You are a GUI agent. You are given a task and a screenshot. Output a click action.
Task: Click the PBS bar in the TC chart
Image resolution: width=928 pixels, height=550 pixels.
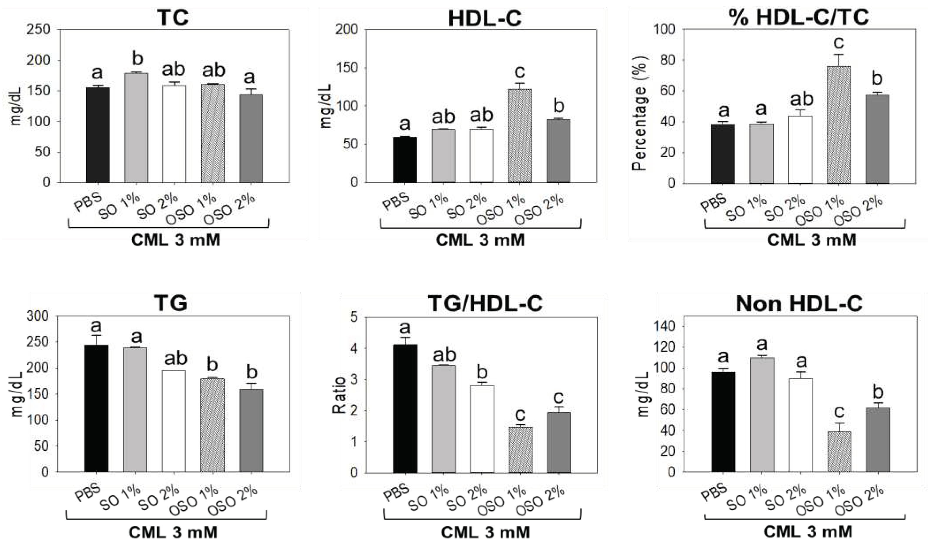[x=98, y=135]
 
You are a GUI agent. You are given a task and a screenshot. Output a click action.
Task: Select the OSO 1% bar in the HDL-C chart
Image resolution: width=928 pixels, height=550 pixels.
[x=519, y=136]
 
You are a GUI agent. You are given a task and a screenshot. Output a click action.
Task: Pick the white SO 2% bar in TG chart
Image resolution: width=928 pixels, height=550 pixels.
[x=174, y=421]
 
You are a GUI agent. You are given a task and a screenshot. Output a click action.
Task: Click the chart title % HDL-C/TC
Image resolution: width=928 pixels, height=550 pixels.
[x=799, y=17]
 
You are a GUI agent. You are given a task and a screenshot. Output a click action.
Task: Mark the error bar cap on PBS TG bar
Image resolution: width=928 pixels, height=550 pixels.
[x=96, y=335]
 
